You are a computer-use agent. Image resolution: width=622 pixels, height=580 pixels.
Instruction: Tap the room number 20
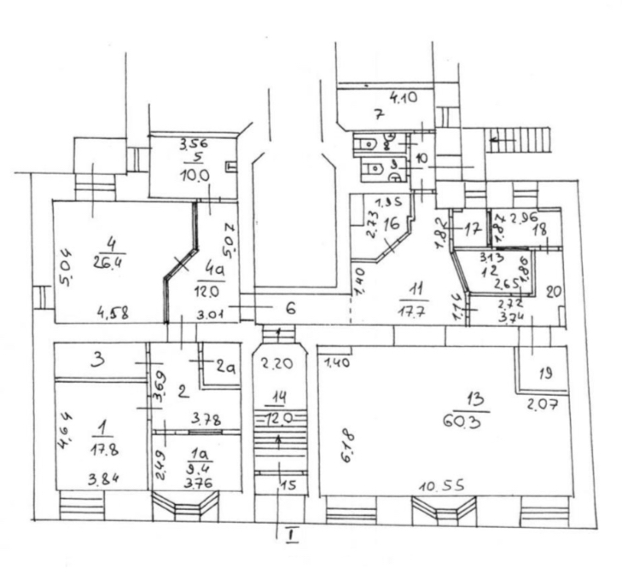(x=551, y=293)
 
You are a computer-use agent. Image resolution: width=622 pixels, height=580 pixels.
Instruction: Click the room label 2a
(x=224, y=368)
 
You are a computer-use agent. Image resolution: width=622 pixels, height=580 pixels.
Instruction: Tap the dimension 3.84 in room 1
(x=99, y=478)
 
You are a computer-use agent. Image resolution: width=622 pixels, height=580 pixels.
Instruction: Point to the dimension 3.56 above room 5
(x=186, y=145)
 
